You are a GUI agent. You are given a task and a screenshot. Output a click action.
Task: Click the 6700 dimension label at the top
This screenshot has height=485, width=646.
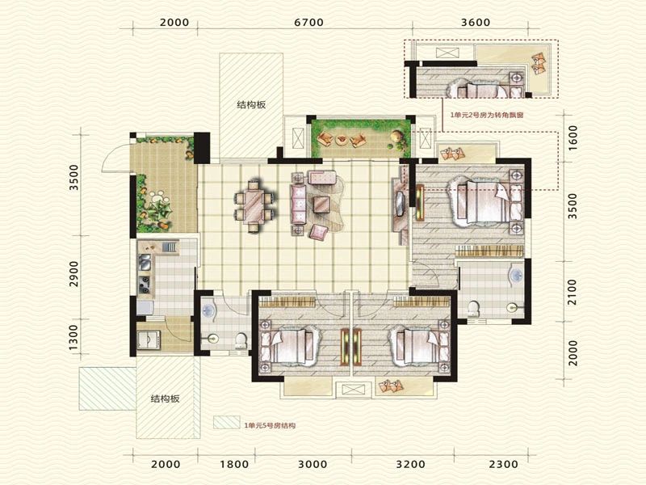click(x=308, y=22)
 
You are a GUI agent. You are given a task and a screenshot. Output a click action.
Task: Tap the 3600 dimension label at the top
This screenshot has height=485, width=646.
click(x=476, y=22)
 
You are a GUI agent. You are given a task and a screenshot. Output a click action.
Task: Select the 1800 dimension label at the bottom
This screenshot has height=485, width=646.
click(x=234, y=464)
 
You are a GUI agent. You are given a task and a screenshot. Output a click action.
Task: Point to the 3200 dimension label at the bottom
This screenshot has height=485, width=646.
click(x=410, y=464)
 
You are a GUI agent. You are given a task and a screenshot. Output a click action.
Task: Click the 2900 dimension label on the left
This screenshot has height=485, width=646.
click(x=73, y=273)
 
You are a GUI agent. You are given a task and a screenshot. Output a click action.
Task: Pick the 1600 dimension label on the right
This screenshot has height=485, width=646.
click(x=573, y=137)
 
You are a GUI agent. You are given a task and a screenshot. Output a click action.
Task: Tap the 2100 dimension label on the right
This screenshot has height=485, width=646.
click(x=573, y=292)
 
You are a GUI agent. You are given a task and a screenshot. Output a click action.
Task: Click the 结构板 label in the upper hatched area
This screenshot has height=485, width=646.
click(x=251, y=105)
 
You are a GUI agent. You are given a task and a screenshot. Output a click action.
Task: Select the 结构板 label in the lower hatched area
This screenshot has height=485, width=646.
click(x=166, y=399)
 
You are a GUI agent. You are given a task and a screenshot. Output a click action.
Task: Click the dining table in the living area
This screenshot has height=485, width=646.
click(x=255, y=206)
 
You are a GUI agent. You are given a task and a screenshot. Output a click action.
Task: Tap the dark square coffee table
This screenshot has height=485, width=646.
click(x=321, y=205)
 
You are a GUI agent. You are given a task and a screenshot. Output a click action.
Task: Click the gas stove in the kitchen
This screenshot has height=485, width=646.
click(x=145, y=285)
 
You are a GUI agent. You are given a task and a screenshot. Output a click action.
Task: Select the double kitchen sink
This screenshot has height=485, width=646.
click(x=145, y=262)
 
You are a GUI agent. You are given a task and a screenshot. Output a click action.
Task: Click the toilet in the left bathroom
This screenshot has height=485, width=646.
click(x=240, y=339)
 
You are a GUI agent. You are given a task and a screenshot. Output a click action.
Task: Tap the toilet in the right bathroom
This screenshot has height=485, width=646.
click(x=474, y=309)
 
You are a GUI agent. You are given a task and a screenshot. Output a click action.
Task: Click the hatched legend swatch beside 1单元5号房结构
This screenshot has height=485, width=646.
click(x=226, y=423)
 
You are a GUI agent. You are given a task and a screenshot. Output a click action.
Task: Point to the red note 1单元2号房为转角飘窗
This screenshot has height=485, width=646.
click(x=487, y=116)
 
